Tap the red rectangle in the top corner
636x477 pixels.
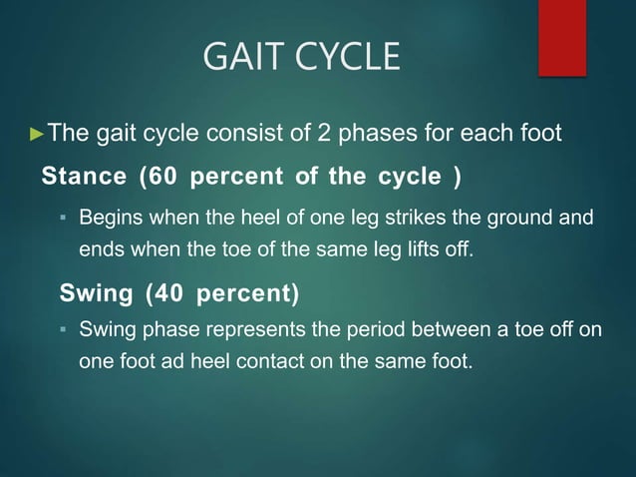pos(561,37)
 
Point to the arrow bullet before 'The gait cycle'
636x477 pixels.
pos(39,133)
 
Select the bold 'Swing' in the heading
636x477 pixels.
pos(98,294)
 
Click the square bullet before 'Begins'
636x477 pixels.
pos(62,218)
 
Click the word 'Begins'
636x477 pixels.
pos(109,218)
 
